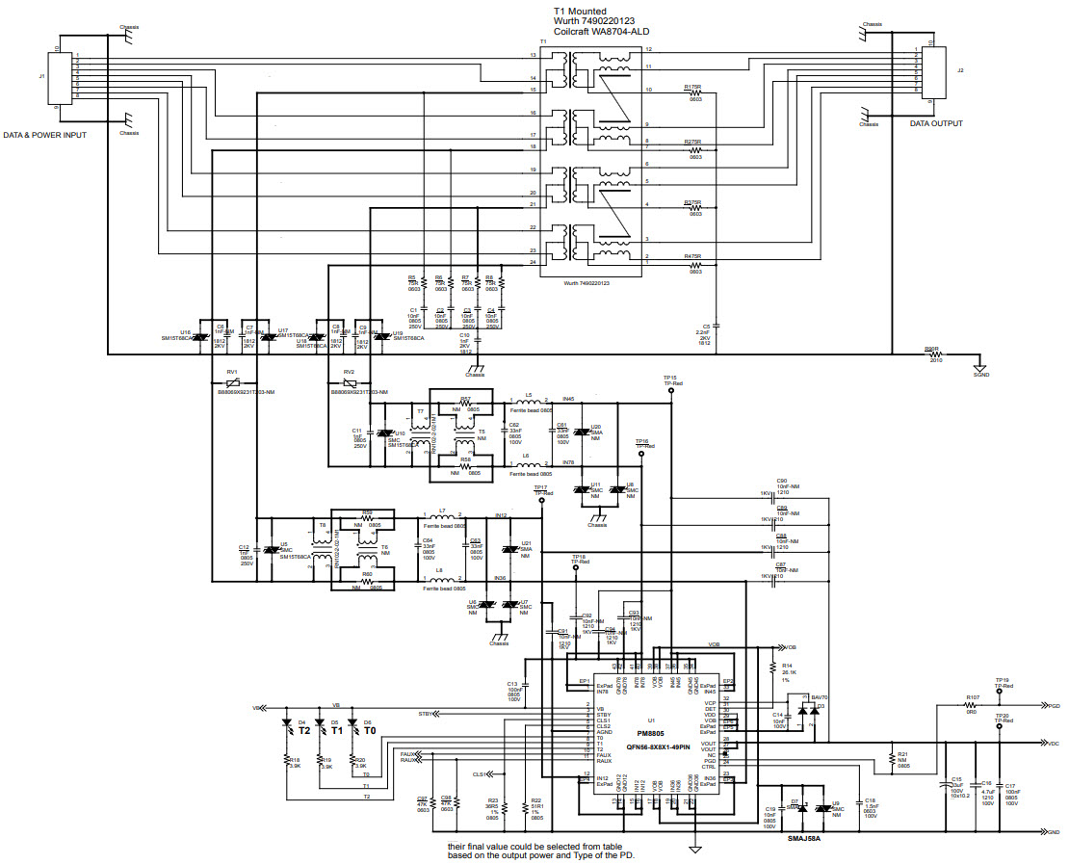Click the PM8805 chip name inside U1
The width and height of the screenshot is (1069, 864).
pyautogui.click(x=652, y=731)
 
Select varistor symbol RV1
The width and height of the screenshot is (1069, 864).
pyautogui.click(x=232, y=381)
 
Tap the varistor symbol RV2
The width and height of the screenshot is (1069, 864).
pyautogui.click(x=349, y=381)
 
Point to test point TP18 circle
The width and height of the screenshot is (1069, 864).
pyautogui.click(x=575, y=568)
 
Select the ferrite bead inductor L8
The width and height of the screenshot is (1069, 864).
pyautogui.click(x=440, y=579)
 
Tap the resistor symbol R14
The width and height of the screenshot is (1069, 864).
pyautogui.click(x=772, y=667)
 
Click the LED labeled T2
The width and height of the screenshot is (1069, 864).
pyautogui.click(x=286, y=723)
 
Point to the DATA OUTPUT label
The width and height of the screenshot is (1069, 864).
pyautogui.click(x=936, y=123)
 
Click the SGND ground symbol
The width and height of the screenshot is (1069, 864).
pyautogui.click(x=979, y=367)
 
